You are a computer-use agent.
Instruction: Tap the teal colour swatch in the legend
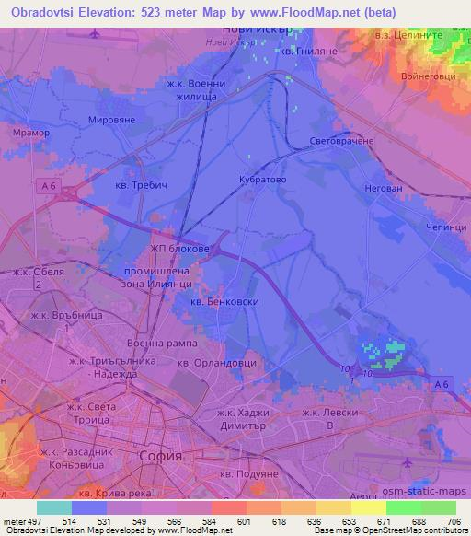pyautogui.click(x=54, y=507)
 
